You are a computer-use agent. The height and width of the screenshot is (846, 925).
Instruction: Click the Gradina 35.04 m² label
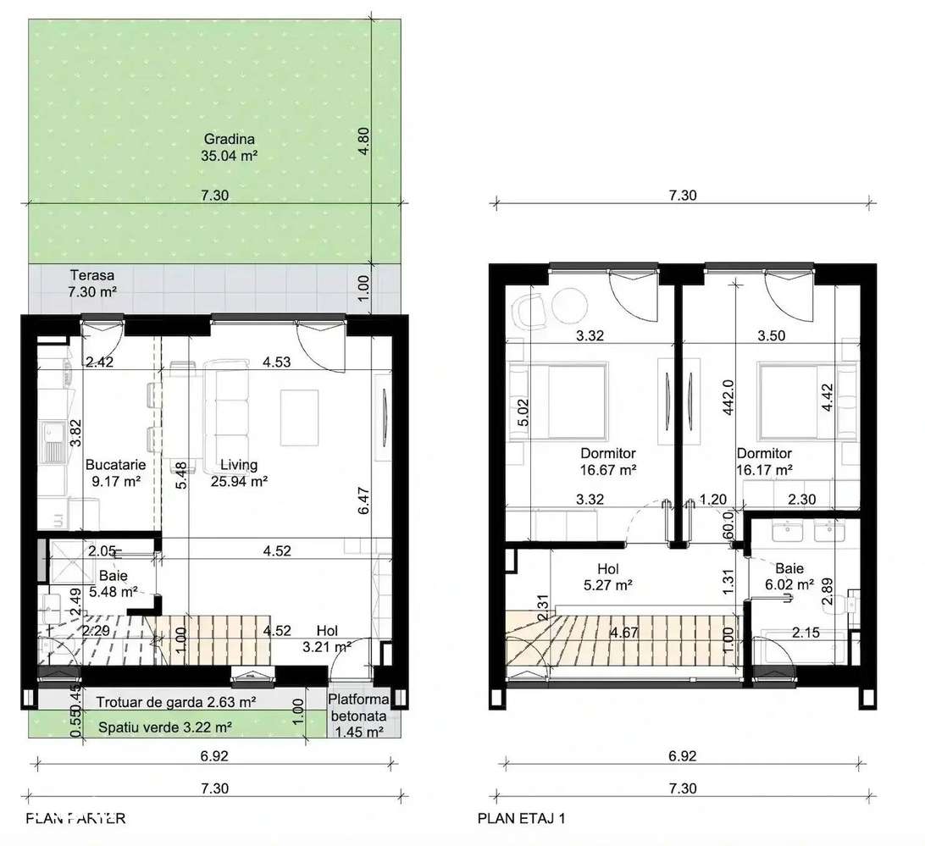point(229,147)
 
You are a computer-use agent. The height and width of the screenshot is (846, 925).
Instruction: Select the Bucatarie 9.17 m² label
point(116,473)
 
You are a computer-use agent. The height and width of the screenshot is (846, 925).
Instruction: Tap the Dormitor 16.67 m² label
point(608,461)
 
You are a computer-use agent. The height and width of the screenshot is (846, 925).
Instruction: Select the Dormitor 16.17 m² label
point(764,461)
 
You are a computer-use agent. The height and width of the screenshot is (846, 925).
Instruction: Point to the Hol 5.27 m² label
point(609,576)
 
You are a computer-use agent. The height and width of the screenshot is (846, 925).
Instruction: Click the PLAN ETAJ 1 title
point(521,818)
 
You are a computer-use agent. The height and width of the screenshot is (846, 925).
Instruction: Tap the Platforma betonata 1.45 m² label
point(360,715)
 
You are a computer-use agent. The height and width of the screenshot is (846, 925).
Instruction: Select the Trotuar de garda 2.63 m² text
point(175,702)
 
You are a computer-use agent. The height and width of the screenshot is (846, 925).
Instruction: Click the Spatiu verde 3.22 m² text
point(164,727)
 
